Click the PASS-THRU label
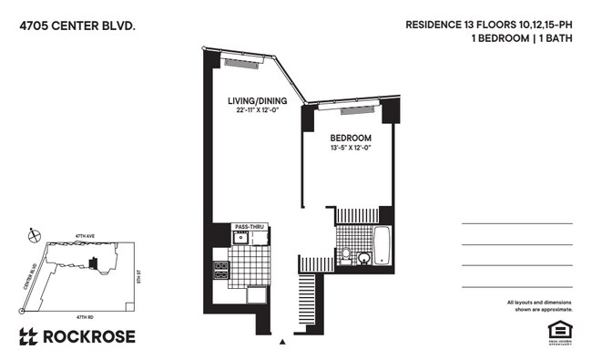coord(249,226)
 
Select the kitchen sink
coord(241,239)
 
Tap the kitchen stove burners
coord(220,270)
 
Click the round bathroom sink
coord(363,258)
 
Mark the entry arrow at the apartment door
coord(283,343)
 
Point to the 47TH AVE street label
coord(85,235)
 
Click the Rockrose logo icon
coord(28,335)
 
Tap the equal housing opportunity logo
coord(556,330)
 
